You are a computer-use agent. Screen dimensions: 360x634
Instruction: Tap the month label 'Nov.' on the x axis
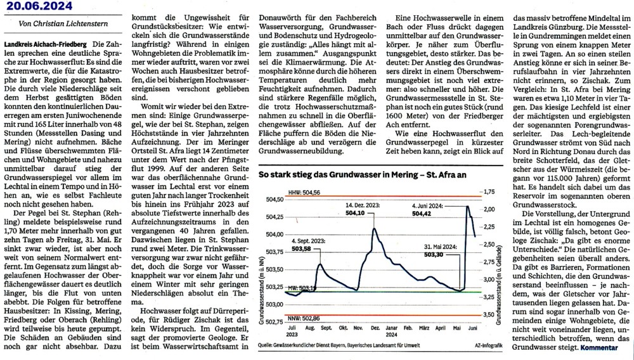coord(359,330)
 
